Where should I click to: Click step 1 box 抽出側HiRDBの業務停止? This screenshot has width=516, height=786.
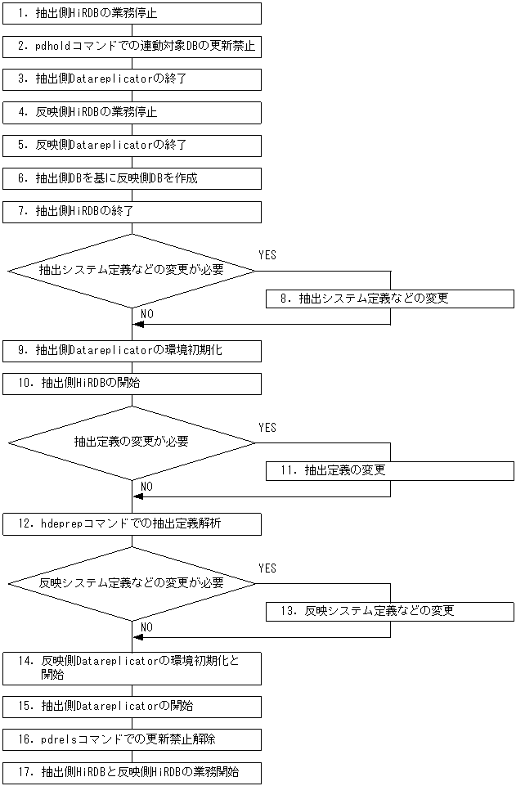(x=132, y=13)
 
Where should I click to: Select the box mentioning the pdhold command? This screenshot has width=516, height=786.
(x=132, y=47)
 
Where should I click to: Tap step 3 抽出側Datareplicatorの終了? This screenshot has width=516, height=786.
(x=132, y=79)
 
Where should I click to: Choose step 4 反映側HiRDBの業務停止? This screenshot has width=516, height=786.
(x=132, y=112)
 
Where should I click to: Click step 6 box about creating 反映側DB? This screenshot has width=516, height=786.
(x=132, y=178)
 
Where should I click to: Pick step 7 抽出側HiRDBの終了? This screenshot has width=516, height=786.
(x=132, y=211)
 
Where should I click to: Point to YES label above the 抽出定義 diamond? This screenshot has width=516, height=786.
(x=267, y=428)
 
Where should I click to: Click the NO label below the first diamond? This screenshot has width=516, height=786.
(x=146, y=314)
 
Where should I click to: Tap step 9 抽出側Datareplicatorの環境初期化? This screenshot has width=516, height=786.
(x=132, y=351)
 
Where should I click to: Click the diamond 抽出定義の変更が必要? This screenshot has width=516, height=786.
(x=132, y=442)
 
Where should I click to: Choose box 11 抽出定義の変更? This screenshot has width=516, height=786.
(x=389, y=470)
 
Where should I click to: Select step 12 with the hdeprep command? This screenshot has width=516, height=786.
(x=132, y=523)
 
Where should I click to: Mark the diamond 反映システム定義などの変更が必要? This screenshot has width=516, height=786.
(x=132, y=583)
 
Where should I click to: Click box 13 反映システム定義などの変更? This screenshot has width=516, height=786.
(x=389, y=611)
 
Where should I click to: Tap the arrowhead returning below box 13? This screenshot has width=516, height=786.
(x=139, y=637)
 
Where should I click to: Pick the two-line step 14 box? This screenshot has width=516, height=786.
(x=132, y=668)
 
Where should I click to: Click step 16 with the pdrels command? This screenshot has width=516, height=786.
(x=132, y=739)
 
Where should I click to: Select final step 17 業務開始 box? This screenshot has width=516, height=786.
(x=132, y=772)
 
